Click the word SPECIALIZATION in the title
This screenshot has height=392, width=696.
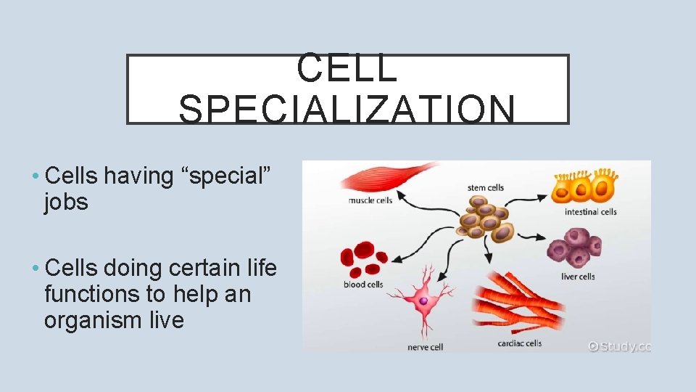coord(347,110)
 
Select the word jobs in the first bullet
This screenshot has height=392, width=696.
coord(66,203)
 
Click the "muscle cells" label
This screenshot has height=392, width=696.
coord(371,200)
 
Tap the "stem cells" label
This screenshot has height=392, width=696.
coord(485,188)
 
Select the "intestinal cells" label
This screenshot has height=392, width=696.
coord(591,212)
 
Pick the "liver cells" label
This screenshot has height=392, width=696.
coord(578,277)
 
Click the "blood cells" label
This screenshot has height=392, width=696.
coord(363,285)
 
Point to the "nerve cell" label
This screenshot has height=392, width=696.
coord(425,347)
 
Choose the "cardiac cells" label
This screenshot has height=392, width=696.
coord(519,343)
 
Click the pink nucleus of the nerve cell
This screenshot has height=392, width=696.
coord(423,300)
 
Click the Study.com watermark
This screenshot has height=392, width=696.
coord(620,346)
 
